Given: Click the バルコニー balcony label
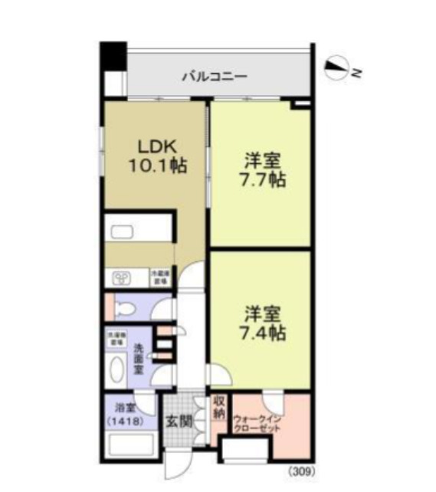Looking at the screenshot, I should (x=214, y=76).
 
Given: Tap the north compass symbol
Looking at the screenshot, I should (x=338, y=70).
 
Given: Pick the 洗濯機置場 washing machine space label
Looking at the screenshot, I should (x=116, y=338).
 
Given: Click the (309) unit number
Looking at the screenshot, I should (x=301, y=473).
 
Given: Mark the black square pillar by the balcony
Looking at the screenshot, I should (x=113, y=56).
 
